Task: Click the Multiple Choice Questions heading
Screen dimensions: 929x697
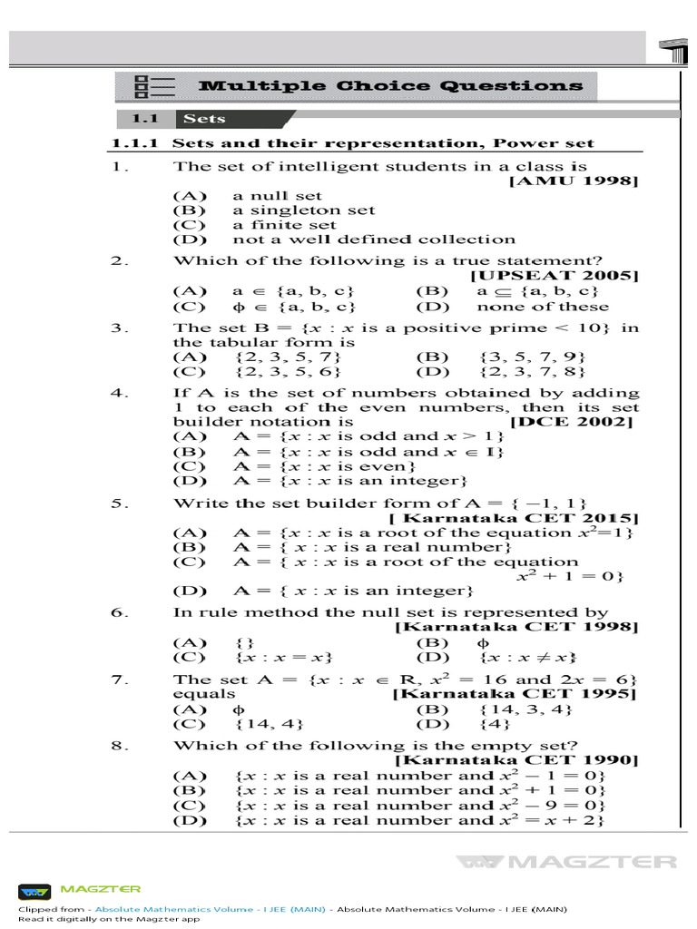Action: pyautogui.click(x=390, y=86)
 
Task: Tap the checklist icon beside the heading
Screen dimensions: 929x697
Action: pyautogui.click(x=153, y=86)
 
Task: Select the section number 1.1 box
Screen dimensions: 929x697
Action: pyautogui.click(x=145, y=119)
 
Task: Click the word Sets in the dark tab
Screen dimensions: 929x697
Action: pyautogui.click(x=204, y=119)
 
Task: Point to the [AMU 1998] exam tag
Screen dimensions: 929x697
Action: pyautogui.click(x=574, y=181)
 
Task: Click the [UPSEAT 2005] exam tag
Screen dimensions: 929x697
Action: pyautogui.click(x=555, y=275)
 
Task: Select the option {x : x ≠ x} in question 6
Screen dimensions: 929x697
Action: pyautogui.click(x=529, y=657)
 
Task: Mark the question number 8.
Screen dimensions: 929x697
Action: pyautogui.click(x=118, y=745)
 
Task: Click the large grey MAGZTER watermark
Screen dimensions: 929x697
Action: pyautogui.click(x=567, y=861)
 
